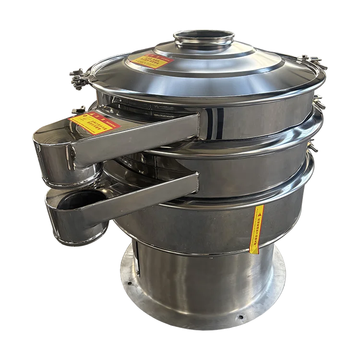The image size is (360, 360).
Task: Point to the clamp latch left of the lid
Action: click(x=79, y=80)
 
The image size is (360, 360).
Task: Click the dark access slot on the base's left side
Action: click(x=136, y=257)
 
